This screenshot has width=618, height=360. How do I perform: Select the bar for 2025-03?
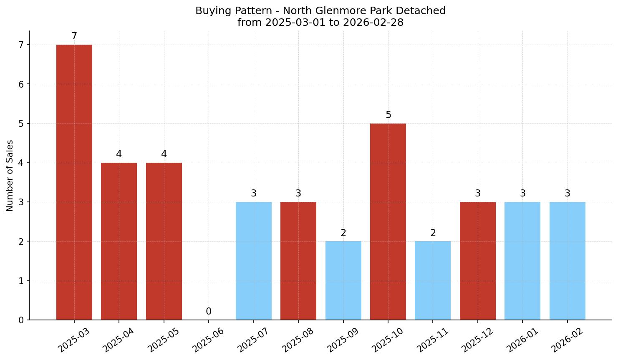[74, 182]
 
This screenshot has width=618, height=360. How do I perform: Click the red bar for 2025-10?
[388, 222]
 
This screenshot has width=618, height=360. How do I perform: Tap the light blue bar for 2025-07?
[254, 261]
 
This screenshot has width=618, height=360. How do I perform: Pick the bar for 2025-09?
[343, 280]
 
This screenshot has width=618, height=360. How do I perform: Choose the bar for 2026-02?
[568, 261]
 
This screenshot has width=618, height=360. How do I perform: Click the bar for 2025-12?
[478, 261]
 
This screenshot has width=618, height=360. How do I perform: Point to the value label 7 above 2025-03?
[74, 36]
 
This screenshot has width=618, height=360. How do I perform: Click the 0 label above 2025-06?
[209, 312]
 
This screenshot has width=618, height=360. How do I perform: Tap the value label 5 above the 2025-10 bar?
[388, 115]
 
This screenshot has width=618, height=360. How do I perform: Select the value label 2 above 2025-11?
[433, 233]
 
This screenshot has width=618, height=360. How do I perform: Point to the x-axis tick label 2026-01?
[522, 340]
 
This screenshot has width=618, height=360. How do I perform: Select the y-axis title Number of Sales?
[10, 176]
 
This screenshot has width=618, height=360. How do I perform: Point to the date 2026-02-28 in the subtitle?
[373, 23]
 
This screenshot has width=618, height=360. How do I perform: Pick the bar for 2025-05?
[164, 241]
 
